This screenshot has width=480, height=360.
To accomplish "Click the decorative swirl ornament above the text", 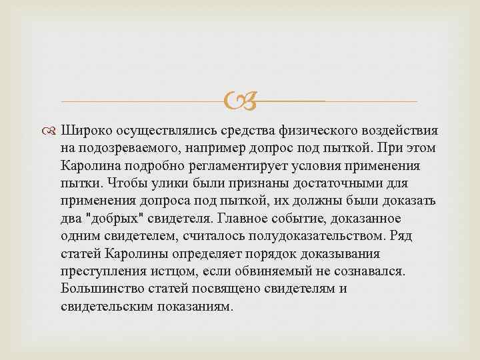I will (239, 102).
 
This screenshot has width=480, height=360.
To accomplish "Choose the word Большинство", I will (97, 289).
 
